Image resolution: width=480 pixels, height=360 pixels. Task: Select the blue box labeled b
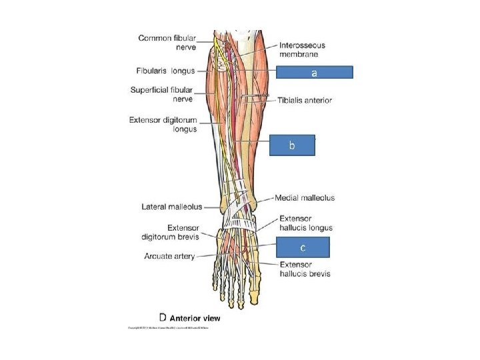coord(291,145)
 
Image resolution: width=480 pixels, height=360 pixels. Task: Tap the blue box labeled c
coord(302,247)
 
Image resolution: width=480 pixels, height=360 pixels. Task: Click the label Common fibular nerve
coord(167,43)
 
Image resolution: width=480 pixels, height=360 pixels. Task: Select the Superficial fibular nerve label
coord(163,94)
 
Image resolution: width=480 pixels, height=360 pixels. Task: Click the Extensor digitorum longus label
coord(163,125)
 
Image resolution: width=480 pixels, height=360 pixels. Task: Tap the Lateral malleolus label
coord(171,207)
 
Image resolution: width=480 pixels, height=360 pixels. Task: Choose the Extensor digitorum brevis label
coord(169,231)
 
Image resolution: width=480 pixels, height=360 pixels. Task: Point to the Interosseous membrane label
coord(301,49)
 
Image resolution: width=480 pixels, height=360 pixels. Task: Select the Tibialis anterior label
coord(305,100)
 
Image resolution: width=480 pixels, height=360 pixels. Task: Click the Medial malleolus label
coord(305,198)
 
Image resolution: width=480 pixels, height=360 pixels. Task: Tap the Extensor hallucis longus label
coord(305,223)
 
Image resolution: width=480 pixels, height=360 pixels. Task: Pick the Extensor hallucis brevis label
coord(305,269)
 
